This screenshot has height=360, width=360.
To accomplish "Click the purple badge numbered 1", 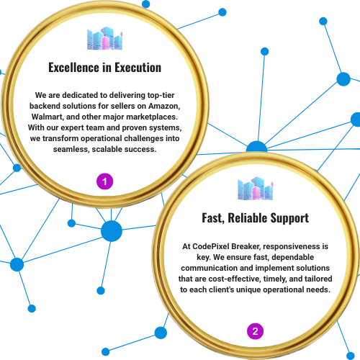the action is [x=104, y=181].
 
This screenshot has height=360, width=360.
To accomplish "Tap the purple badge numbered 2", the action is [x=255, y=331].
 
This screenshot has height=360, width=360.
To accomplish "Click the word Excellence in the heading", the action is [x=74, y=68].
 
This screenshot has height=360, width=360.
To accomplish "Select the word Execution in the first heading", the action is [x=138, y=68].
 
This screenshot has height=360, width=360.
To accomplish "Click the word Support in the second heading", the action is [x=289, y=219].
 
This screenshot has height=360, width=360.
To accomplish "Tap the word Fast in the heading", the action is [x=213, y=218].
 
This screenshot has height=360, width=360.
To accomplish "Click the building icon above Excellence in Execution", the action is [x=104, y=38].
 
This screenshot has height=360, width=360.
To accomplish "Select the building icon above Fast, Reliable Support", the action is [x=255, y=189].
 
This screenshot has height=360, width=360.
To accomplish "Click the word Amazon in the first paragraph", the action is [x=164, y=106].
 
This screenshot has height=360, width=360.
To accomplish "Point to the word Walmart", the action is [x=48, y=117].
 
